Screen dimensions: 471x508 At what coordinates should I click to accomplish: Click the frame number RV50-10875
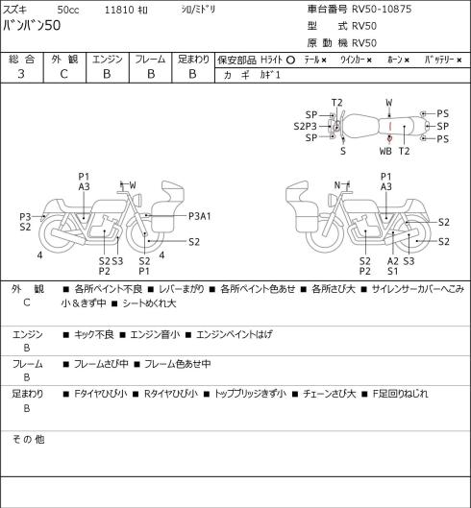[382, 9]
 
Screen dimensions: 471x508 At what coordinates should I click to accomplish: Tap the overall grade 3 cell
[21, 74]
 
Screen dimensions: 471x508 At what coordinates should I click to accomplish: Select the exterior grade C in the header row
[63, 74]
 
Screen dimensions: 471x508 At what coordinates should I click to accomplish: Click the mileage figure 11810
[119, 10]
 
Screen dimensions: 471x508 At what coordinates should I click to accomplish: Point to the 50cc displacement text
[68, 10]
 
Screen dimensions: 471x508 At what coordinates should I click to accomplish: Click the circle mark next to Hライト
[290, 60]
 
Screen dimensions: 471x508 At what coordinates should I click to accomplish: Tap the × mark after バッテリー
[459, 60]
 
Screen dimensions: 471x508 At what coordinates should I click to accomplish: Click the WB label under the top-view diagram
[385, 151]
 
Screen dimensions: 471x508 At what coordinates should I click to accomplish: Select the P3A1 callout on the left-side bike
[200, 216]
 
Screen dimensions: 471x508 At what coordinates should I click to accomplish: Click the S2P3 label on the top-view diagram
[305, 126]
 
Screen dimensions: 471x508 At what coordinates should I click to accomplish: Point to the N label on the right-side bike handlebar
[337, 185]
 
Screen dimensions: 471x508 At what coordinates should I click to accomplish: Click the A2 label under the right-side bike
[392, 261]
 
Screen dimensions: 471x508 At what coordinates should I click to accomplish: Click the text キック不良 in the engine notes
[94, 334]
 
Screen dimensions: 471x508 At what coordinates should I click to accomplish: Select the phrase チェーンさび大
[330, 394]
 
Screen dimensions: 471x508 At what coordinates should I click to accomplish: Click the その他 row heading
[28, 440]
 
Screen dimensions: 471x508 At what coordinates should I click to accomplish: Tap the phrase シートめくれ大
[149, 303]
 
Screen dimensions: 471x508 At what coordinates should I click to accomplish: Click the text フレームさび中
[101, 364]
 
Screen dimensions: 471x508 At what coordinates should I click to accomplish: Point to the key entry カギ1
[270, 75]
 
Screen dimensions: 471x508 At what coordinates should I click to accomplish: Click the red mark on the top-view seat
[390, 133]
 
